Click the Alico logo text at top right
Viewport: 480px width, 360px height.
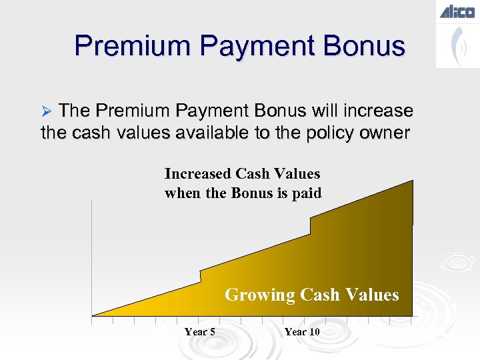pyautogui.click(x=457, y=12)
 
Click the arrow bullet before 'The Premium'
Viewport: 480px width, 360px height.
pyautogui.click(x=46, y=111)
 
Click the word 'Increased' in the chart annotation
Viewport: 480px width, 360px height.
pyautogui.click(x=199, y=174)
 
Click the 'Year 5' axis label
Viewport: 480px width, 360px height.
pyautogui.click(x=199, y=332)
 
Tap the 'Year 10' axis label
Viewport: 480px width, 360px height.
pyautogui.click(x=302, y=332)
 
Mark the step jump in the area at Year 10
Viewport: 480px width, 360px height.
pyautogui.click(x=311, y=225)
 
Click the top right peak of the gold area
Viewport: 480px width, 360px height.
pyautogui.click(x=411, y=182)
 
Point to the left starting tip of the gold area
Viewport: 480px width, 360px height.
pyautogui.click(x=94, y=314)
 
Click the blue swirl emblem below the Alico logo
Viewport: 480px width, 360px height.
pyautogui.click(x=457, y=47)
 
